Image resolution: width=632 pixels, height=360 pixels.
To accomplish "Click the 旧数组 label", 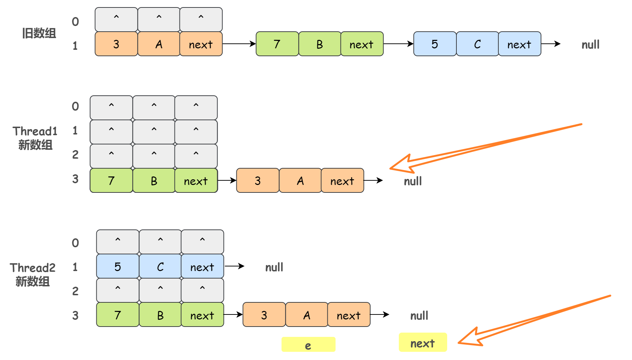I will click(39, 33).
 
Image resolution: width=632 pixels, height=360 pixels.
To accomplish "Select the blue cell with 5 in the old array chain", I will click(435, 44).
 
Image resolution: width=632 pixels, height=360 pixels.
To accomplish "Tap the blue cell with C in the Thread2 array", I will click(160, 266).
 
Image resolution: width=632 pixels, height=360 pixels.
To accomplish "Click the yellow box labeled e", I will click(308, 345).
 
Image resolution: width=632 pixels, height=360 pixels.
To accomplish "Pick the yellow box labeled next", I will click(422, 343).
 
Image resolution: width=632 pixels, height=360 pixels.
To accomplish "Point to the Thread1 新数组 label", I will click(35, 138).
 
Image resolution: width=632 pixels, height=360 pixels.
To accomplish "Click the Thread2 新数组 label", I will click(32, 274).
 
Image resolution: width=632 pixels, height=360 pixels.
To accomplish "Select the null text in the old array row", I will click(590, 44).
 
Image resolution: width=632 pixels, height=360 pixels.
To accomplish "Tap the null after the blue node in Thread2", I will click(274, 267).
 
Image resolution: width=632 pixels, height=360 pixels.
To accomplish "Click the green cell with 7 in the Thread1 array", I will click(111, 181).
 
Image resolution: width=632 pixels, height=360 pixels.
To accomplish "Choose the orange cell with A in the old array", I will click(159, 44).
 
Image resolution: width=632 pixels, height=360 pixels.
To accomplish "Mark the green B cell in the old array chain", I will click(320, 44).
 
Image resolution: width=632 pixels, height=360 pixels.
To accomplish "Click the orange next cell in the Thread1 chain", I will click(342, 181).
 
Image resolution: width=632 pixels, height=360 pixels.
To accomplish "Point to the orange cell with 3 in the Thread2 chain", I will click(264, 315).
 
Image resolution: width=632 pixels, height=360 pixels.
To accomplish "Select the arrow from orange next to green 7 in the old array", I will click(239, 44).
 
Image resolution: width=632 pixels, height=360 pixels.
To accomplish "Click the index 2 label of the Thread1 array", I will click(75, 155).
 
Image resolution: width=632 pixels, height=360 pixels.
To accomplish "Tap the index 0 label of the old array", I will click(75, 22).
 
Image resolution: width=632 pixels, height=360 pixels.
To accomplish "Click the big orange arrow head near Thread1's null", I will click(402, 164).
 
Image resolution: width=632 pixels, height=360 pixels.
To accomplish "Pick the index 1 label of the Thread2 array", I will click(75, 267).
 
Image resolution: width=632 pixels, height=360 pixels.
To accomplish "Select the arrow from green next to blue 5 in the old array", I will click(398, 44).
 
